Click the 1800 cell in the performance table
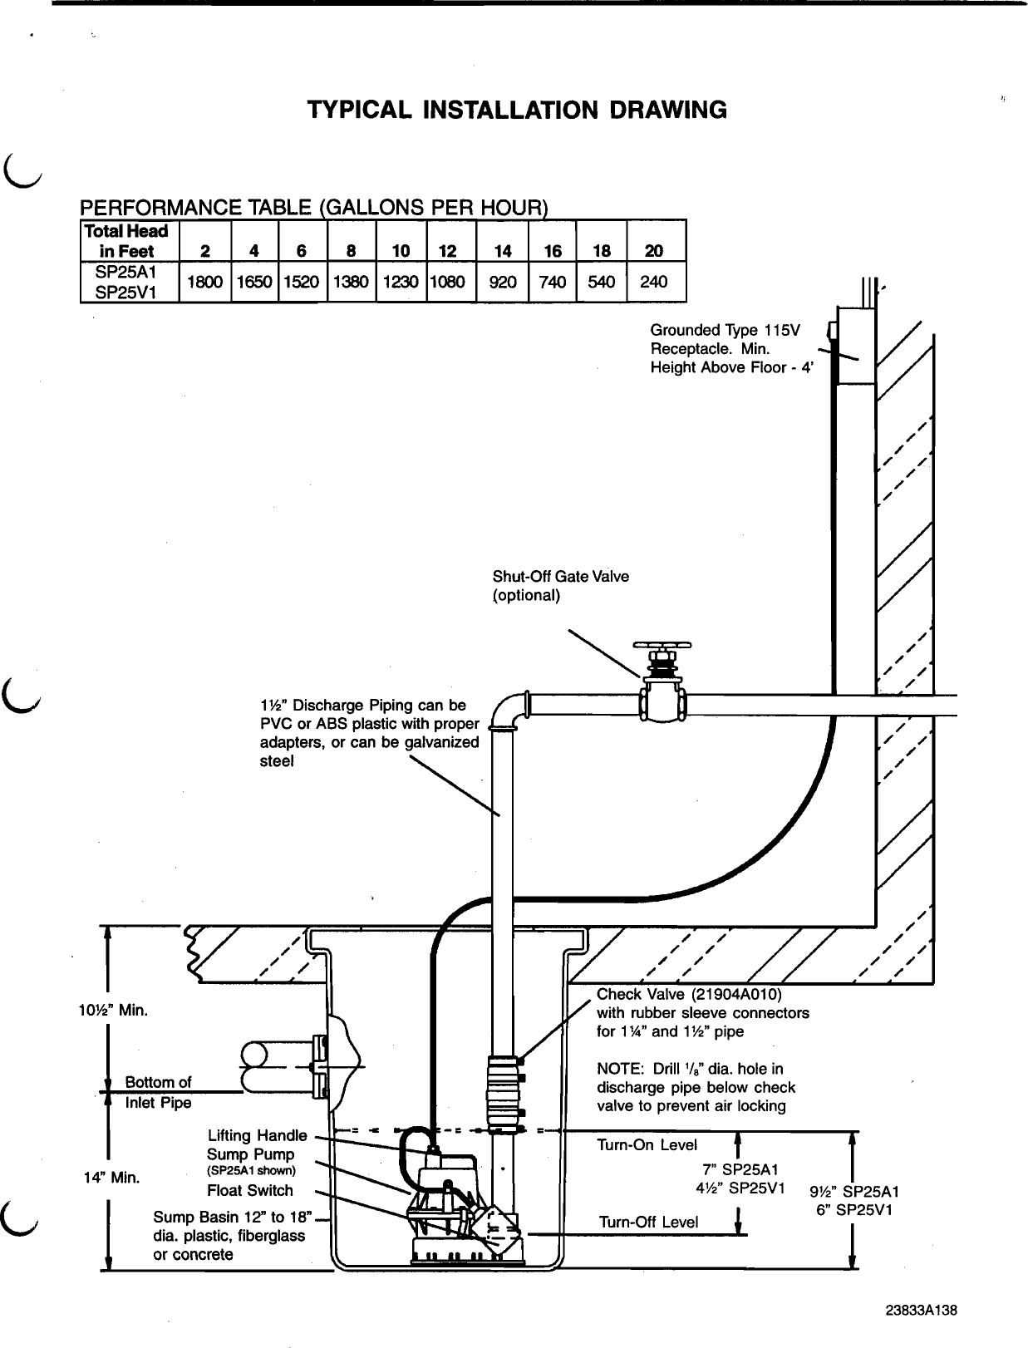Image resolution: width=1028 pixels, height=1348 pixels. point(204,282)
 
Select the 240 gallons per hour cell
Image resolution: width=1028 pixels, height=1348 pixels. point(654,282)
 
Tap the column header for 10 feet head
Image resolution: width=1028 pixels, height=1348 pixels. point(401,251)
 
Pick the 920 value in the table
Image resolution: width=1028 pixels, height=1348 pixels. point(503,282)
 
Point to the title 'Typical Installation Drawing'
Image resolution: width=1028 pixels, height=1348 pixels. point(517,110)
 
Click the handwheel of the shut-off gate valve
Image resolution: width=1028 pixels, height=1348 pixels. point(662,646)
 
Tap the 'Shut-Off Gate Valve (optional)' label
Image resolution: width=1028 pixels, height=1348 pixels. point(560,586)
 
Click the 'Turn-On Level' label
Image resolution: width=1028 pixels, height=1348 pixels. point(647,1145)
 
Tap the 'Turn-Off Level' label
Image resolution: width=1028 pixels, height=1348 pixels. point(648,1222)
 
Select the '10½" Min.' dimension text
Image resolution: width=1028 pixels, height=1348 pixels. point(111,1011)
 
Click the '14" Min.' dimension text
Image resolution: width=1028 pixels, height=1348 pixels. point(112,1178)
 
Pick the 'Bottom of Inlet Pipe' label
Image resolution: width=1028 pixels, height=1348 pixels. point(158,1092)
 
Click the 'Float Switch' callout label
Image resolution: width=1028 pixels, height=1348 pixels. point(250,1190)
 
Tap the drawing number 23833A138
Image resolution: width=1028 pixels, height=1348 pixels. point(921,1311)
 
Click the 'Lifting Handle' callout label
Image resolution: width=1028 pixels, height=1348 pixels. point(257,1135)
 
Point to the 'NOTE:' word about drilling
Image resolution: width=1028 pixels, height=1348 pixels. point(617,1069)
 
